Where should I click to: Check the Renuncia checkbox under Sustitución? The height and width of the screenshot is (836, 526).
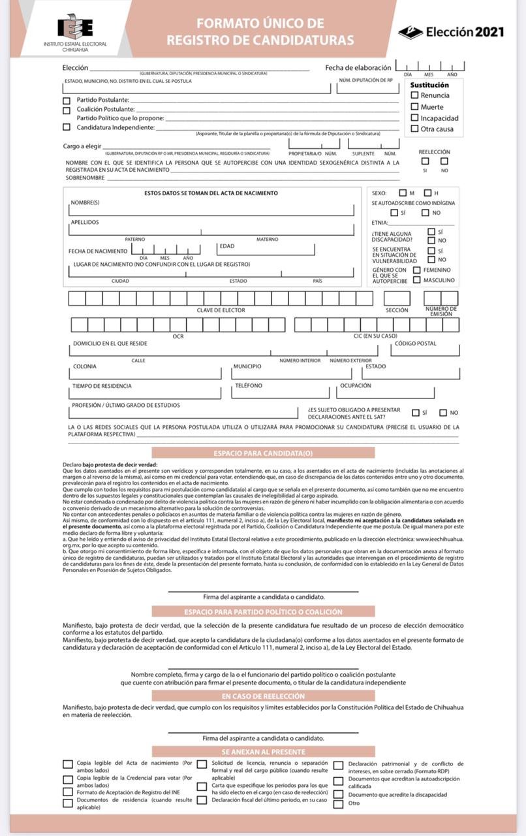(415, 95)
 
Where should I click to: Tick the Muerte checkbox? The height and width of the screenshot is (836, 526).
(415, 106)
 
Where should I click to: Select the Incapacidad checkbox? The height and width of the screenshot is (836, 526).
(415, 118)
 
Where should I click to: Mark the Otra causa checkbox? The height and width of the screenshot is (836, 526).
(415, 129)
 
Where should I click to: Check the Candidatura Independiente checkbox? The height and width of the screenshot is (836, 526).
(67, 127)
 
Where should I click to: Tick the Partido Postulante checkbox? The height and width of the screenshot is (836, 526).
(67, 101)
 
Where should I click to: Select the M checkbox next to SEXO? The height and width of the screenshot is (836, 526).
(403, 193)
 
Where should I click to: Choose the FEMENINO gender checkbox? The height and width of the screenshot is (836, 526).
(417, 269)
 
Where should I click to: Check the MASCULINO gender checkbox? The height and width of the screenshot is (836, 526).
(417, 280)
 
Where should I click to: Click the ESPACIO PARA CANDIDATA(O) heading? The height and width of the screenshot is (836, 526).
(263, 453)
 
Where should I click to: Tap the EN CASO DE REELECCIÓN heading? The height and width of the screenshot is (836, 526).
(263, 696)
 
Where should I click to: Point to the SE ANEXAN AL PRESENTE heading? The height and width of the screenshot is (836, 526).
(263, 752)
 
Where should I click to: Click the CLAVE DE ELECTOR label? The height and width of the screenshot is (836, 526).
(221, 310)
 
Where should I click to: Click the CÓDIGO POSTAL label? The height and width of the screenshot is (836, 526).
(416, 344)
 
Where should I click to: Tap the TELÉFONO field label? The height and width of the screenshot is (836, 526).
(249, 386)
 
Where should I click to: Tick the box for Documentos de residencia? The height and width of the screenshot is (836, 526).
(67, 803)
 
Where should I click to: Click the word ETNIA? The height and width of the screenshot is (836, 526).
(380, 223)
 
